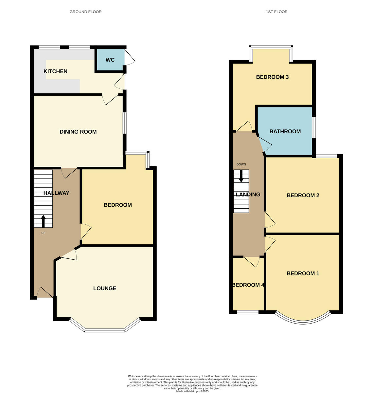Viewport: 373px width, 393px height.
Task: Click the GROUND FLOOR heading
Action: tap(85, 12)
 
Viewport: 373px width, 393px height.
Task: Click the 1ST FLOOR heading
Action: tap(276, 12)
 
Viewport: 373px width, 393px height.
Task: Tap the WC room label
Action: tap(110, 60)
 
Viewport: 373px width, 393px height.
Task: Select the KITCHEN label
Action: tap(55, 71)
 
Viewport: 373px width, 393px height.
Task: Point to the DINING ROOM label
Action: tap(78, 132)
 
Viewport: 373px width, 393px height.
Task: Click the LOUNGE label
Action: tap(105, 288)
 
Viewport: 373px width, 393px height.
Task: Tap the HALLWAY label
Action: tap(56, 193)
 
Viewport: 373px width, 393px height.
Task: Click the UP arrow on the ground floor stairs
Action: tap(43, 221)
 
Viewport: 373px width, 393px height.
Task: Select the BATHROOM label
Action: tap(285, 131)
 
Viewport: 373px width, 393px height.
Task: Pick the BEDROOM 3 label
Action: tap(272, 77)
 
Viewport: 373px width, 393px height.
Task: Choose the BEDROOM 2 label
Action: tap(303, 195)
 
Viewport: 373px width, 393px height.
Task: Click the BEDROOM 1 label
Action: tap(303, 273)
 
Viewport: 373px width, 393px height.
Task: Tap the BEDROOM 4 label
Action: tap(248, 285)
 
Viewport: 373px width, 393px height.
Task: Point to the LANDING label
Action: tap(248, 194)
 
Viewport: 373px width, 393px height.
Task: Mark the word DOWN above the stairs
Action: tap(241, 164)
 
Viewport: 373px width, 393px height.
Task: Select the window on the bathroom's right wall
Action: tap(314, 127)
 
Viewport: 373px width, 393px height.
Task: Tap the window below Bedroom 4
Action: tap(248, 312)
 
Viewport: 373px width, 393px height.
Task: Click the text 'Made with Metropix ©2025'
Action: tap(192, 391)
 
